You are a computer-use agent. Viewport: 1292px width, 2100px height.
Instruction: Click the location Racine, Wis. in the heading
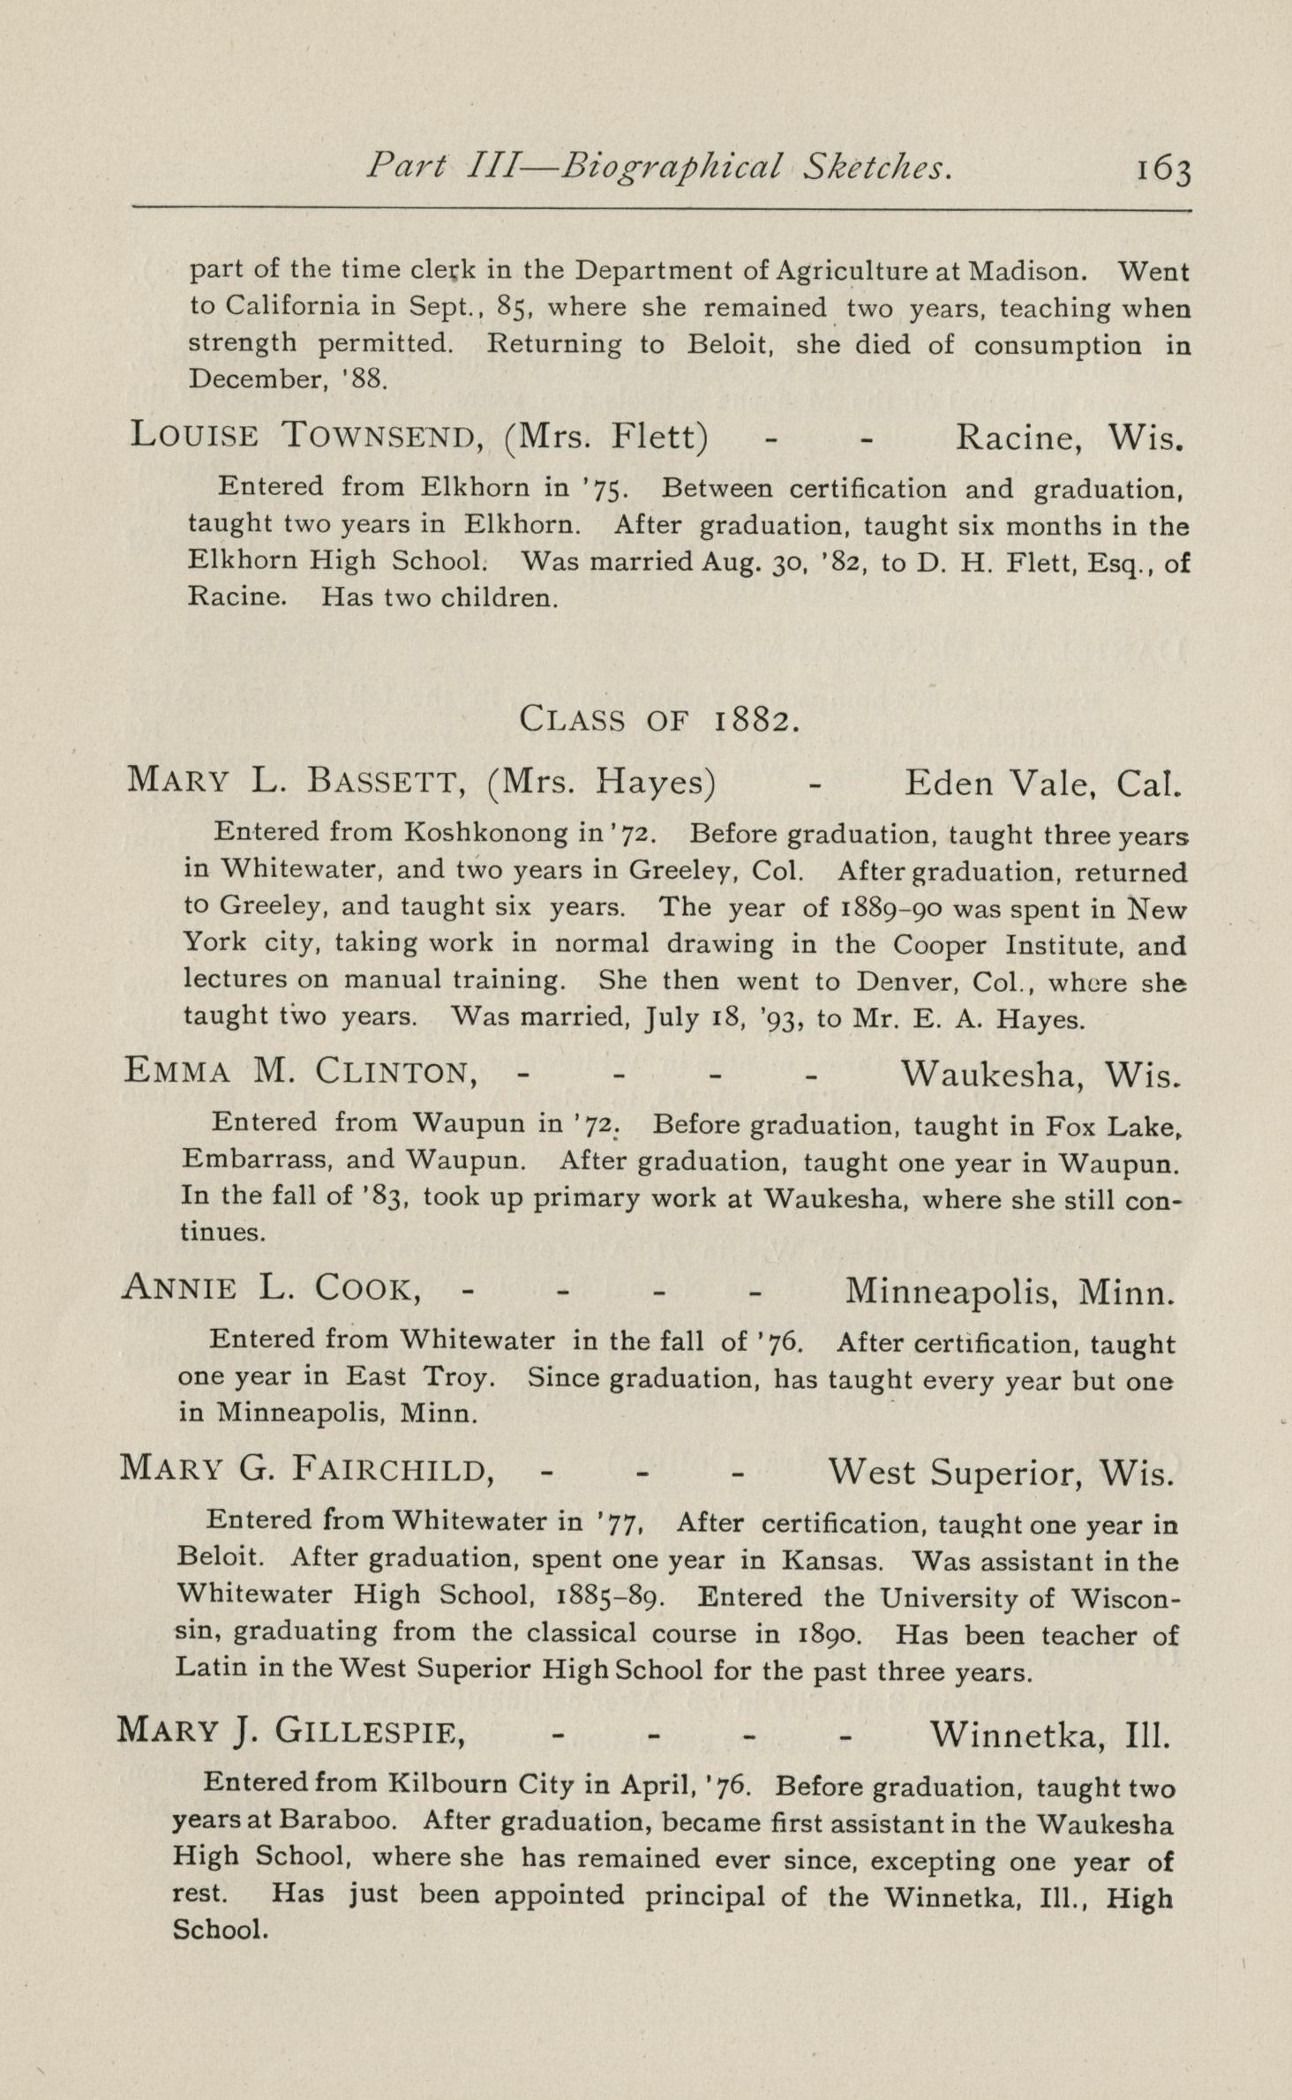(x=1069, y=437)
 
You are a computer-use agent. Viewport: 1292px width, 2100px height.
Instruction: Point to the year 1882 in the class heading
(x=757, y=720)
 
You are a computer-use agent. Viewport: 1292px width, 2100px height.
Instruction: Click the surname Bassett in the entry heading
(x=383, y=782)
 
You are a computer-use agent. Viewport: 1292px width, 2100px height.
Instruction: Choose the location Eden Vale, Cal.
(x=1042, y=783)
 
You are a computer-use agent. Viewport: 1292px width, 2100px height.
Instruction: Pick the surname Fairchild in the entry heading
(x=393, y=1469)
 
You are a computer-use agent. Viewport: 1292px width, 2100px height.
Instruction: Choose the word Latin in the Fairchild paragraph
(x=208, y=1667)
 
